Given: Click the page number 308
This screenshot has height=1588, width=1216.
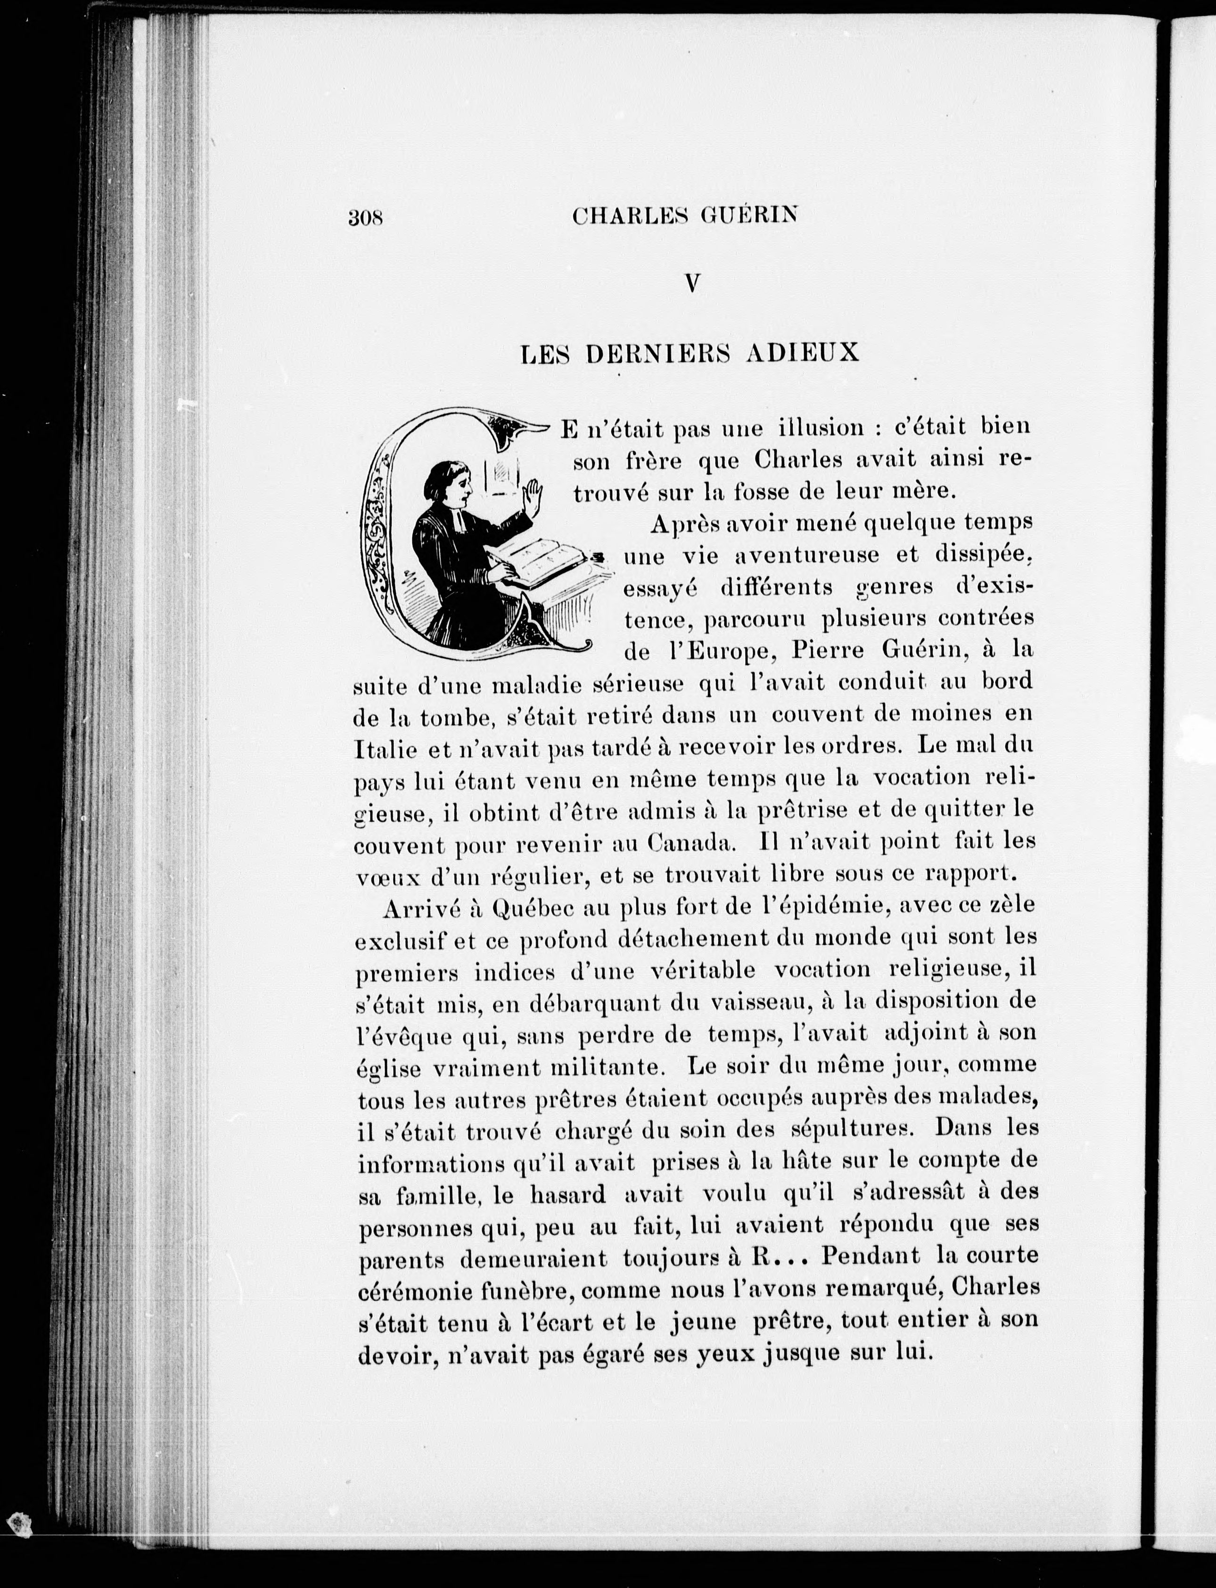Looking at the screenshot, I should [x=365, y=217].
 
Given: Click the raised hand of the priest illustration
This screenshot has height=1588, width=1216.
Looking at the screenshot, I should [x=534, y=498].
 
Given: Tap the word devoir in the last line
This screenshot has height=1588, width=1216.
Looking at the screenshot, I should [x=395, y=1355].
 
